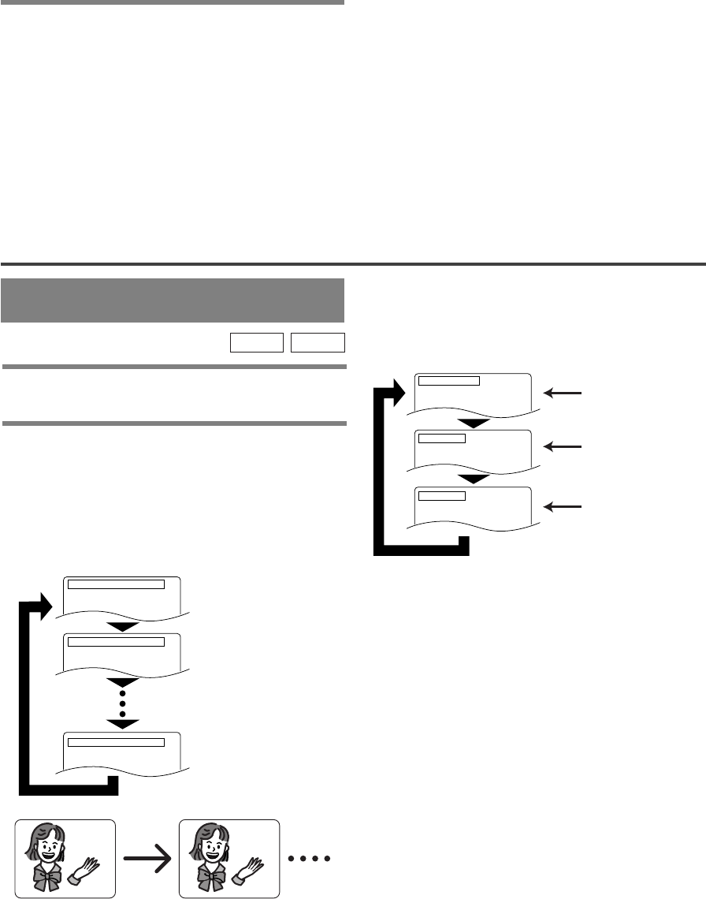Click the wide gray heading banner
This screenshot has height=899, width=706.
[173, 300]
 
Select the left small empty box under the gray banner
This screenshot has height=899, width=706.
[256, 341]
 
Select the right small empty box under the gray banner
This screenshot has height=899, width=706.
[318, 341]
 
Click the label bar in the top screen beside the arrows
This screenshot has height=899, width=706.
[448, 380]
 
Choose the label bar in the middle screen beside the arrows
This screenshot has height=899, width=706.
[442, 438]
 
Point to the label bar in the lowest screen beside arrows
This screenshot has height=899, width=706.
[442, 495]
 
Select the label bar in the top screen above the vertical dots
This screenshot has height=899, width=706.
[116, 584]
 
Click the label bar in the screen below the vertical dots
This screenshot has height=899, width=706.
[116, 741]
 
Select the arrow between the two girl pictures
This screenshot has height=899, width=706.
[147, 859]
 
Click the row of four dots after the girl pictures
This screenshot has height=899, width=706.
[311, 859]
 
